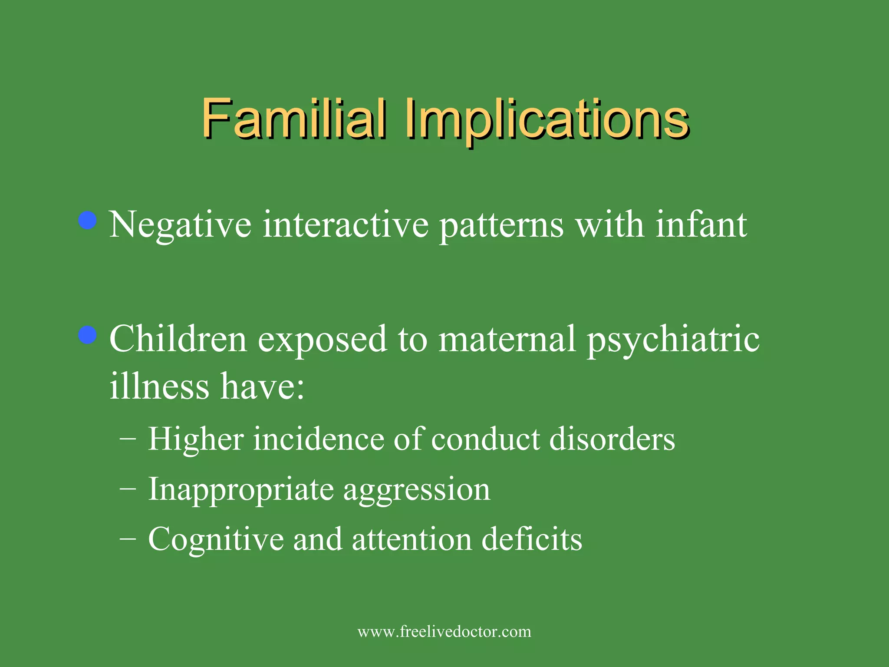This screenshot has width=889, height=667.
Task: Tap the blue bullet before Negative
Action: point(88,220)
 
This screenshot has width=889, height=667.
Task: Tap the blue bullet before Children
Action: point(88,335)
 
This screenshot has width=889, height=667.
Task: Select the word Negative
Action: point(180,225)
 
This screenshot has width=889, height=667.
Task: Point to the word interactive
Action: point(346,225)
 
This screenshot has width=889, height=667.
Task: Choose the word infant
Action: point(701,225)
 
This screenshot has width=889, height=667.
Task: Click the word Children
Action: point(178,339)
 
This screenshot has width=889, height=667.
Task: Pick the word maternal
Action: point(507,339)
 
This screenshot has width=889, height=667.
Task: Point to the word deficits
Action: point(532,540)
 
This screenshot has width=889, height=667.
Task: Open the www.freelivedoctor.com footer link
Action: point(444,631)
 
